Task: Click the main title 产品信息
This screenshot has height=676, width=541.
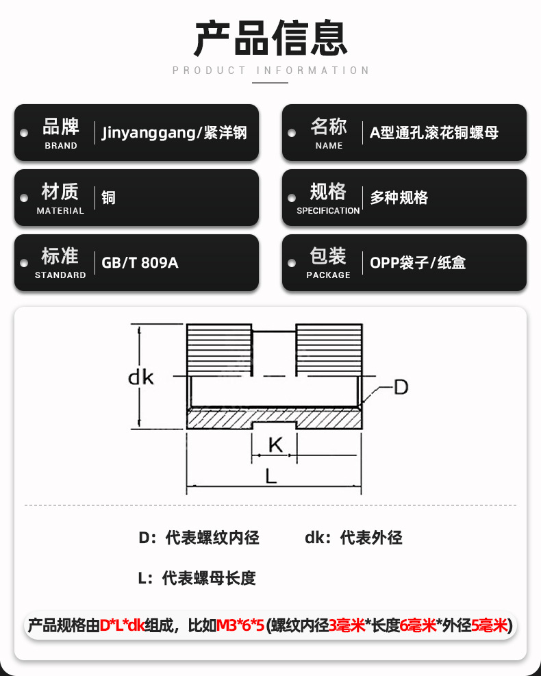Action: point(270,38)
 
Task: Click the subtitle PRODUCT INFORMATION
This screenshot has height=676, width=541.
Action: point(270,71)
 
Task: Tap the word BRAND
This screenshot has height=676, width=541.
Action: point(61,146)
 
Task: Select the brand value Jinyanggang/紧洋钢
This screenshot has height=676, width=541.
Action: point(174,133)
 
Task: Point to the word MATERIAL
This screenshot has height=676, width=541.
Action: point(60,211)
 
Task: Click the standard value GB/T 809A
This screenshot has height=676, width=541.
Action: point(140,262)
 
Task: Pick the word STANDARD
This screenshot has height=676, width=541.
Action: point(60,275)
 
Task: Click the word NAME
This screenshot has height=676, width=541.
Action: point(329,146)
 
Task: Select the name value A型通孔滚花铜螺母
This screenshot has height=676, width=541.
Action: point(434,132)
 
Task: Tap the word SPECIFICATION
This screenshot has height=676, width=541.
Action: point(328,211)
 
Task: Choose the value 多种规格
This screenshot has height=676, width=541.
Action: point(399,197)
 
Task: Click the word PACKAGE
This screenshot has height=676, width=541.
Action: point(329,275)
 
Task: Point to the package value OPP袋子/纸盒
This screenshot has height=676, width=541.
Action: point(418,262)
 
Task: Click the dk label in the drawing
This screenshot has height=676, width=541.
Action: point(141,377)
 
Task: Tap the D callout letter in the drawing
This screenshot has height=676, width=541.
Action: point(401,387)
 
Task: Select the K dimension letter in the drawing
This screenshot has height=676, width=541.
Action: point(275,445)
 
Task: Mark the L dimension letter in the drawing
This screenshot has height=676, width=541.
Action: point(270,477)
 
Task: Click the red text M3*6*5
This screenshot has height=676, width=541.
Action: point(240,625)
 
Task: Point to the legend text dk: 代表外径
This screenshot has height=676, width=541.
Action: point(353,538)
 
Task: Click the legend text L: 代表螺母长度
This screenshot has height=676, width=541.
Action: point(197,578)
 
